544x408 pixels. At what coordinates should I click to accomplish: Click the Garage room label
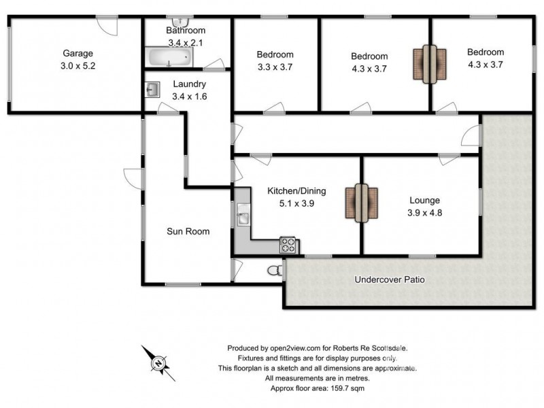coord(78,53)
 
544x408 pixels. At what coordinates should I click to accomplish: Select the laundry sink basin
coord(153,89)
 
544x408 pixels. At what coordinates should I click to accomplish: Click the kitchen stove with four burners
coord(288,244)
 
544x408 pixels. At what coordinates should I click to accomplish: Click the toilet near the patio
coord(275,271)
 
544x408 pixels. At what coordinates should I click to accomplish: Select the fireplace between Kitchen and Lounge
coord(360,203)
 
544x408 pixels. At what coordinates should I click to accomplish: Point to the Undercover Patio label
coord(390,279)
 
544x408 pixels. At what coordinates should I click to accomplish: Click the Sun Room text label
coord(188,231)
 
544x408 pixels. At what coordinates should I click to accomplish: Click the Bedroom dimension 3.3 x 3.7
coord(275,67)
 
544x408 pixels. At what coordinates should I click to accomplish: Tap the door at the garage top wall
coord(107,26)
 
